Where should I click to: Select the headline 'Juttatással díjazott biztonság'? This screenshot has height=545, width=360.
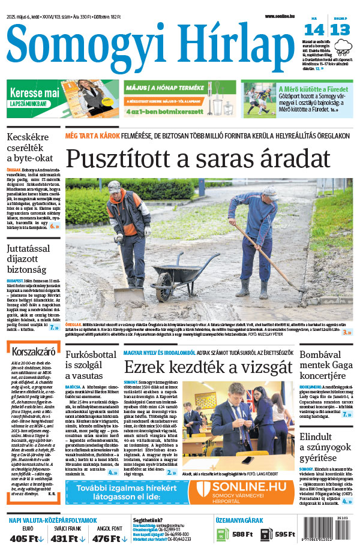pyautogui.click(x=32, y=255)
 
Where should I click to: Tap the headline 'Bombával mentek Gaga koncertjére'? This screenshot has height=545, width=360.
pyautogui.click(x=326, y=365)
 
